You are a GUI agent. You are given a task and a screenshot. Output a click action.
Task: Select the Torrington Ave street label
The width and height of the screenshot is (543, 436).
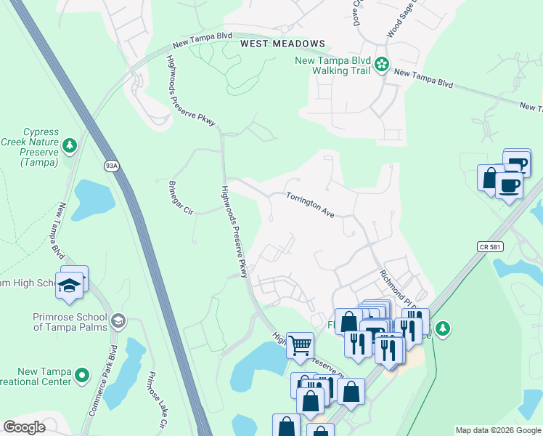coord(310,206)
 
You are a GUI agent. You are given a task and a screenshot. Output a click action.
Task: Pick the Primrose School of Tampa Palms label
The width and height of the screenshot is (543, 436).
coord(70,321)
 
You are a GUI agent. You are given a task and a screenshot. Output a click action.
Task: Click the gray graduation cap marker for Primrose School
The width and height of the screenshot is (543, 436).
coord(118,320)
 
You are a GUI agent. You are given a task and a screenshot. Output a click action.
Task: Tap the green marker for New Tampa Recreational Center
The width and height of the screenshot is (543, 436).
coord(82,376)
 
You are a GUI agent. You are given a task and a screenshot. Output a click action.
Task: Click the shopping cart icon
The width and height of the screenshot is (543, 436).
coord(300,345)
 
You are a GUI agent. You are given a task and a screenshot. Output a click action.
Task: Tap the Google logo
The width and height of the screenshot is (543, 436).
coord(25,427)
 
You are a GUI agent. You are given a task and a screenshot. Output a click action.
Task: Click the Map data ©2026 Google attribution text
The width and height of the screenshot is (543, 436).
coord(497,430)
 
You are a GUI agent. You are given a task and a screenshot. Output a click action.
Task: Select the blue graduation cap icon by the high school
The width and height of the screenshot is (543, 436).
coord(69,285)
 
